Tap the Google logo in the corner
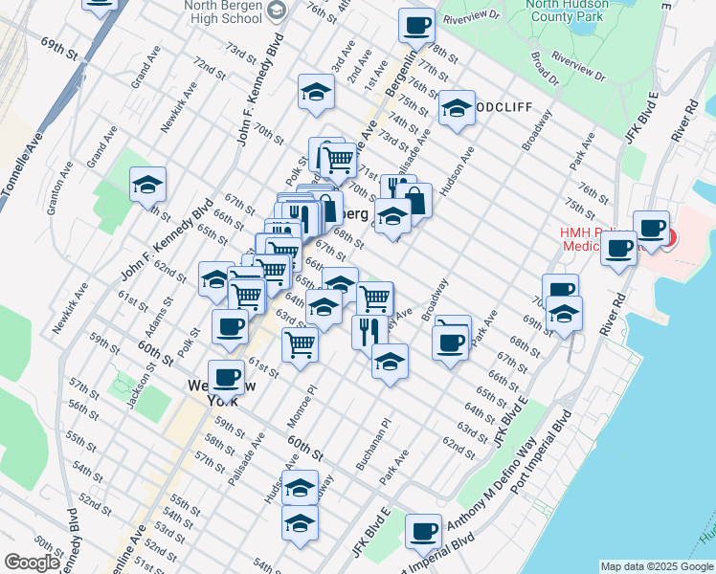32,562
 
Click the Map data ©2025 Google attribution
657,565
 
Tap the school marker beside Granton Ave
147,185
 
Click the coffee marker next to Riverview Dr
416,26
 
